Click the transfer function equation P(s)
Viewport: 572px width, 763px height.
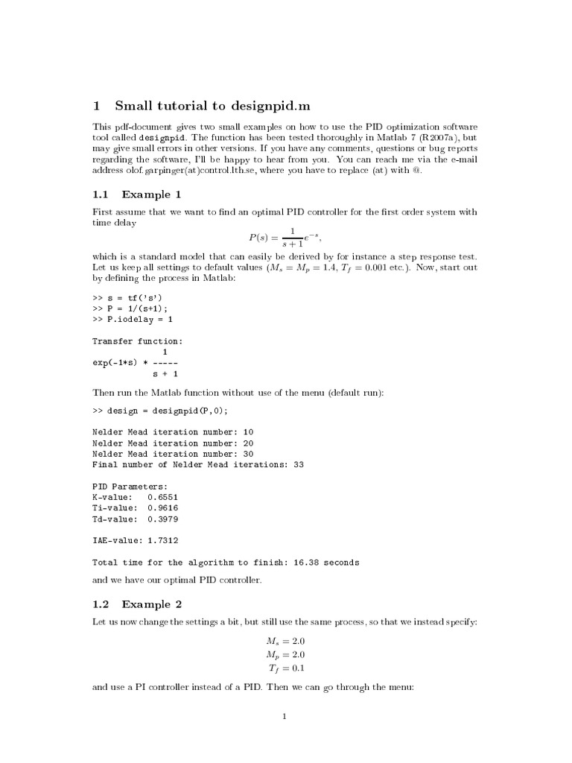tap(285, 238)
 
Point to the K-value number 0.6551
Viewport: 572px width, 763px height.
tap(163, 496)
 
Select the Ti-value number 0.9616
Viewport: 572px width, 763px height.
tap(163, 507)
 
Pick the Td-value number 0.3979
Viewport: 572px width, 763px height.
tap(163, 519)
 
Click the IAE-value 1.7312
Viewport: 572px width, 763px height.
tap(163, 540)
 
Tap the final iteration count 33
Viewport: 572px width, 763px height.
tap(298, 464)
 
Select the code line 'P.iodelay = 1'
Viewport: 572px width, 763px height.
tap(138, 320)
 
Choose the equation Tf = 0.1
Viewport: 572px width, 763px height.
tap(285, 668)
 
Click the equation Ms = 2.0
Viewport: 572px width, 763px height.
tap(285, 640)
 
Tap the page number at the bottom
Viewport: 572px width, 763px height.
tap(285, 717)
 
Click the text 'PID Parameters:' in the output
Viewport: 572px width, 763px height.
tap(130, 486)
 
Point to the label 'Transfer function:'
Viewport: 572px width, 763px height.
tap(137, 341)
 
